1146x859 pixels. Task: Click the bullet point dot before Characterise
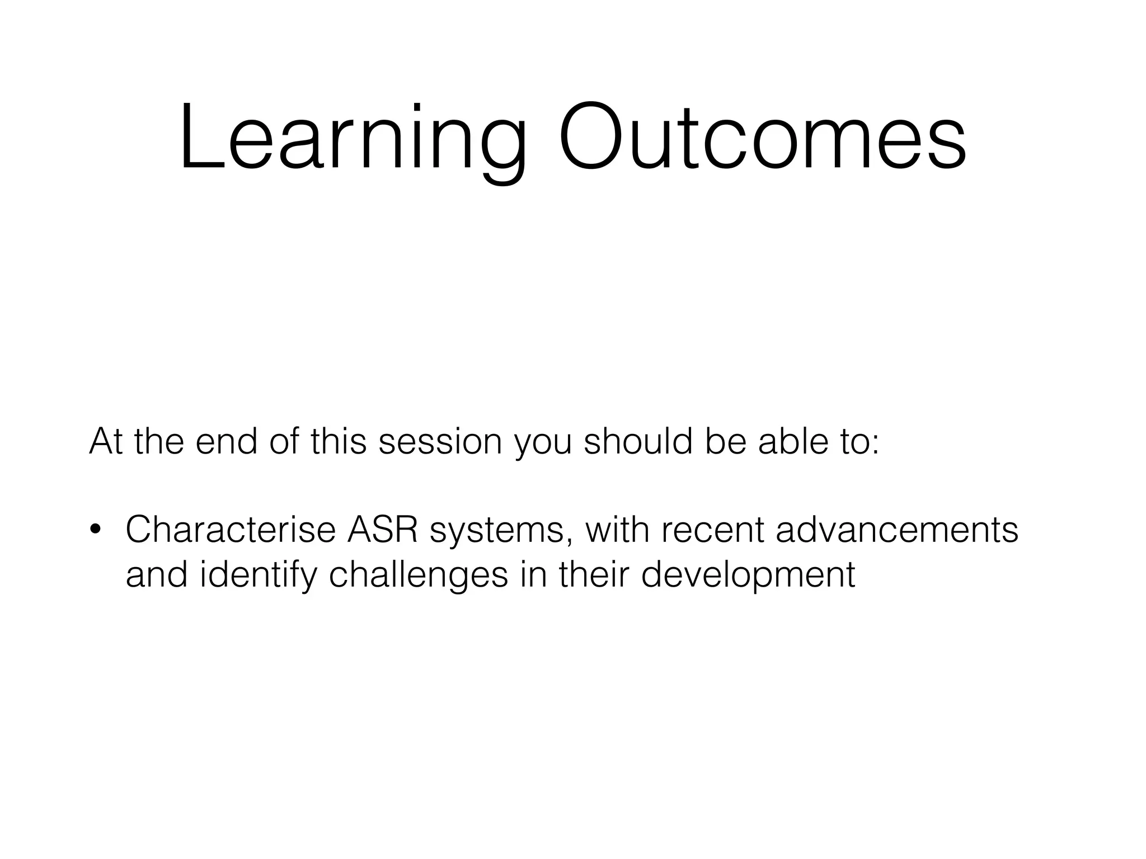(96, 530)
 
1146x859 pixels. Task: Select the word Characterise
(230, 530)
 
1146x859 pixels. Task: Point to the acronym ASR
(383, 530)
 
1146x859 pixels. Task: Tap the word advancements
(896, 530)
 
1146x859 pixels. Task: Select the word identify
(258, 575)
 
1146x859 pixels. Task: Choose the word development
(748, 575)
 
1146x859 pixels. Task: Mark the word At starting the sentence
(106, 441)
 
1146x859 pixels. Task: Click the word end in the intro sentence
(227, 441)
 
